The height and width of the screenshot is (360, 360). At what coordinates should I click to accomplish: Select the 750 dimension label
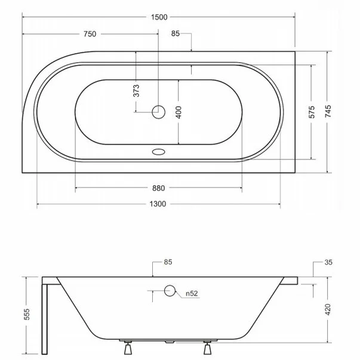tap(89, 34)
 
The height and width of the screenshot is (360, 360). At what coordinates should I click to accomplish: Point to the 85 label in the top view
tap(175, 34)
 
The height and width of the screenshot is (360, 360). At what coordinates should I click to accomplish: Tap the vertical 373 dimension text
tap(136, 91)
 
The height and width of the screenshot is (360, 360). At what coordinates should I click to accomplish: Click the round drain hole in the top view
tap(158, 111)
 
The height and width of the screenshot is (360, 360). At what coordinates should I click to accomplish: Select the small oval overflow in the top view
tap(158, 152)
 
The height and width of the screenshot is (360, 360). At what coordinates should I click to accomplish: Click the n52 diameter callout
tap(191, 293)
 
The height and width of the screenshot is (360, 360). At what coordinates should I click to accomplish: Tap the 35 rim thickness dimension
tap(328, 262)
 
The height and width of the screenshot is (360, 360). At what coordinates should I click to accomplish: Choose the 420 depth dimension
tap(328, 309)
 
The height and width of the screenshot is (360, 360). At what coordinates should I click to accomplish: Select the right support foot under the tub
tap(208, 346)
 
